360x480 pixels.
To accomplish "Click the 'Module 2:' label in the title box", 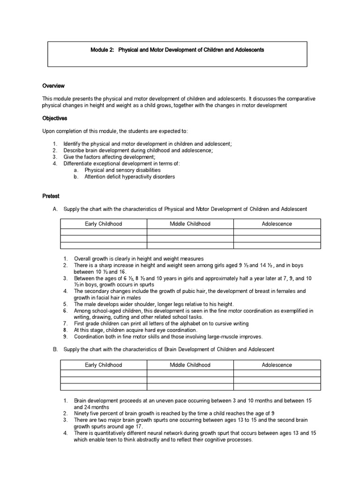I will click(102, 50).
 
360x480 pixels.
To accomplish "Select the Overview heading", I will click(53, 86).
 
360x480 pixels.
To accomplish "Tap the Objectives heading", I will click(55, 119).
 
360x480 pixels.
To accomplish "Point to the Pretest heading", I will click(51, 196).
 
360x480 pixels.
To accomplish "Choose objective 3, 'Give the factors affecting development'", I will click(109, 157).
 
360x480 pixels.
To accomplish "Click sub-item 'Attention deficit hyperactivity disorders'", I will click(129, 177).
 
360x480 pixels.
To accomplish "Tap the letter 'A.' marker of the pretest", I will click(55, 209).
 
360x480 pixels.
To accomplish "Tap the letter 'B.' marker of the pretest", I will click(55, 350).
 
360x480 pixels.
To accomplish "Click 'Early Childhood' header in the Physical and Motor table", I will click(103, 224).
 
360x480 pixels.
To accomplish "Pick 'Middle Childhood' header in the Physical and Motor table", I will click(190, 224).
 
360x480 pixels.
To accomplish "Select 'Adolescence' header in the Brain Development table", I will click(277, 365).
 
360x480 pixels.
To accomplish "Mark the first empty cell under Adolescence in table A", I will click(277, 232).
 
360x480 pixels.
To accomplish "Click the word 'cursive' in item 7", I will click(217, 323).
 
